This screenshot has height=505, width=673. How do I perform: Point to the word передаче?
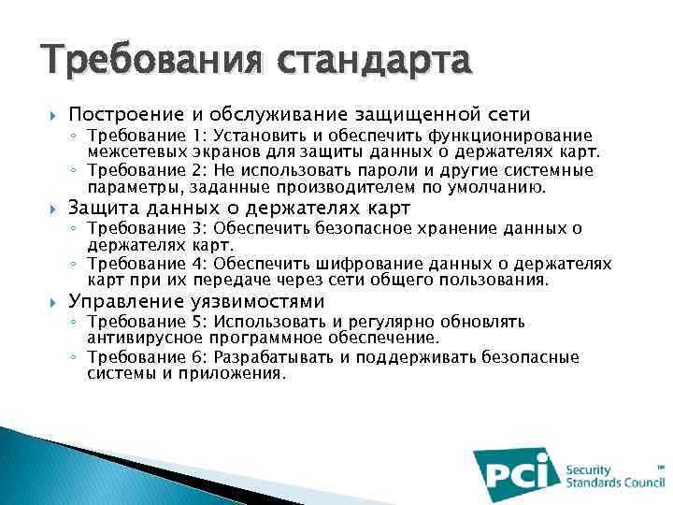click(236, 280)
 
